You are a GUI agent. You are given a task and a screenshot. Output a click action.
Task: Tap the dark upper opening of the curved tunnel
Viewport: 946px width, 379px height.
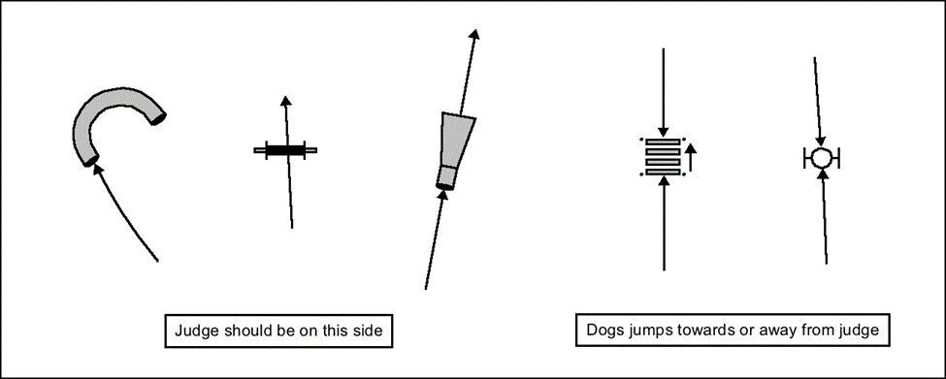[158, 118]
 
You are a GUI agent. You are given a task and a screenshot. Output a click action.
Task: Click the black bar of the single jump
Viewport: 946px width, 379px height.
[285, 150]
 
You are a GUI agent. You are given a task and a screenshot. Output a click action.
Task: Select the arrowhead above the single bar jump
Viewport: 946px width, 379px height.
[286, 101]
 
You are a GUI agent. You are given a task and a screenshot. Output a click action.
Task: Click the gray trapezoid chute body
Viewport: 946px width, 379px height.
[457, 140]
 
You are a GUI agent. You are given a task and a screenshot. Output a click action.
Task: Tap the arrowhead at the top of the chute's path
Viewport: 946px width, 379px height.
[474, 34]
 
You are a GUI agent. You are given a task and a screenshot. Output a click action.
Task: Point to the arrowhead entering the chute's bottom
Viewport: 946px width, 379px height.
[442, 196]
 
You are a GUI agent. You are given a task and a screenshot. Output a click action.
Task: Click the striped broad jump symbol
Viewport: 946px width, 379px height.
[663, 157]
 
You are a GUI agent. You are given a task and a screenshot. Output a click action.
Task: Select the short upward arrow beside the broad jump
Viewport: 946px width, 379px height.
[692, 157]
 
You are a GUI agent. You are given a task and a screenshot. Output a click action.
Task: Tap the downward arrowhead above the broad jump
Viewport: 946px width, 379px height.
[664, 132]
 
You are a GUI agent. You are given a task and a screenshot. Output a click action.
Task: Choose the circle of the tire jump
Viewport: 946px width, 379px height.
[821, 158]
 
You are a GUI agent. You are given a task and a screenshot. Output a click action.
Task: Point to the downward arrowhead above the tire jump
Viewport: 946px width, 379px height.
[820, 142]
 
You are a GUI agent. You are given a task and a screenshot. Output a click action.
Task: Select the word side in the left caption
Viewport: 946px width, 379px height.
[368, 331]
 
